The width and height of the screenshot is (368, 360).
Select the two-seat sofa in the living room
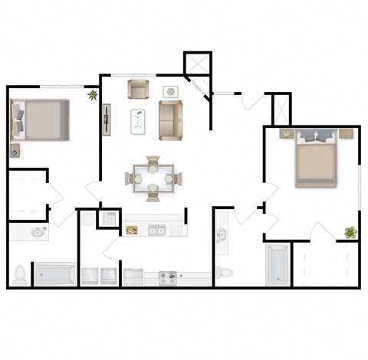[x=171, y=120]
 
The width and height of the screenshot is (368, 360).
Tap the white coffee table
[x=139, y=120]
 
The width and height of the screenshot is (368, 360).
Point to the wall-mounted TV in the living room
[x=106, y=119]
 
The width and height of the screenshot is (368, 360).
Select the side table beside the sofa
[x=170, y=93]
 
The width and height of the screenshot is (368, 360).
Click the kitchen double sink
[x=158, y=230]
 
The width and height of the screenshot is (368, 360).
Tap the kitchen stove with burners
[x=168, y=275]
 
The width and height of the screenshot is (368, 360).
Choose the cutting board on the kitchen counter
[x=133, y=230]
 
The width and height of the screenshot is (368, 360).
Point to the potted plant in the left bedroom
[x=93, y=96]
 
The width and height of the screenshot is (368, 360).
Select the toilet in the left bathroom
[x=21, y=273]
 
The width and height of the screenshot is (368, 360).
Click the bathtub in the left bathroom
[x=54, y=273]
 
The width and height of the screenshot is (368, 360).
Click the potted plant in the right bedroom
[x=350, y=232]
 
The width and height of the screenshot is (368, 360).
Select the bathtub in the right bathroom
[x=276, y=264]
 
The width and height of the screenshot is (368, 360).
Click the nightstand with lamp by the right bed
[x=285, y=134]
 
